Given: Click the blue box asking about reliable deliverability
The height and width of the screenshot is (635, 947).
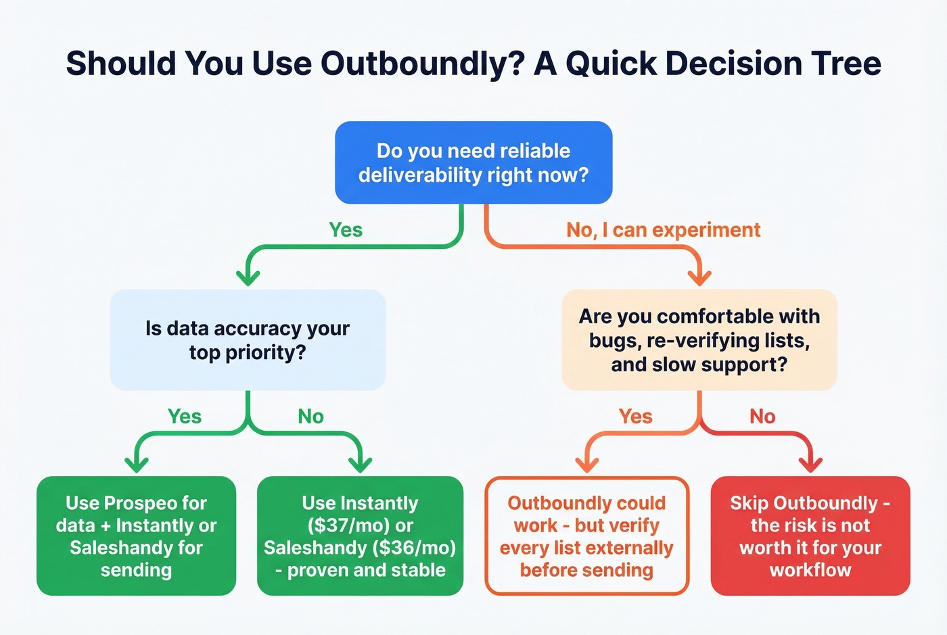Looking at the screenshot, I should point(473,163).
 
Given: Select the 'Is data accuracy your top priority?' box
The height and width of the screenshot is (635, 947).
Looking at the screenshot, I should point(248,340).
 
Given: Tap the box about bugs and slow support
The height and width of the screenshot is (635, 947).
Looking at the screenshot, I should point(699,340).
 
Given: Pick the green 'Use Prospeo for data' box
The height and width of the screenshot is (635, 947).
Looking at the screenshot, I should point(136,536).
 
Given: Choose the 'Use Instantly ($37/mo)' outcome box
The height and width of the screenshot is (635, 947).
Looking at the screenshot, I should point(360,536).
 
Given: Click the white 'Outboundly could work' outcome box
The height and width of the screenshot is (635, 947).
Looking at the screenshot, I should point(586,536).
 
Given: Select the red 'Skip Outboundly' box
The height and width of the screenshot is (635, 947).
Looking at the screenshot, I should point(810,536).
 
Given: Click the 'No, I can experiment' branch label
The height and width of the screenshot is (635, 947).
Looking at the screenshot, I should point(663,230).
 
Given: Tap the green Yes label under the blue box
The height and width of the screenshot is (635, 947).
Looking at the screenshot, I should point(346,230).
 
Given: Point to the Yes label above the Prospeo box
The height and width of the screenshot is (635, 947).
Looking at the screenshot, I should point(185,417).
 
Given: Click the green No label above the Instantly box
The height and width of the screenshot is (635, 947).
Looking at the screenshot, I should point(311,417).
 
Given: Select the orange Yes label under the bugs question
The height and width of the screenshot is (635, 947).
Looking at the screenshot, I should point(636,417).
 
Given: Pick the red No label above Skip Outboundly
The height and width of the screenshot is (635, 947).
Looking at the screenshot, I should point(762,417).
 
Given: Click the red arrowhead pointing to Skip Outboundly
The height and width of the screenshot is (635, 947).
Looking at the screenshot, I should point(810,465).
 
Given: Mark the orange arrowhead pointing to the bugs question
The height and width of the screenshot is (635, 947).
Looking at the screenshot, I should point(699,277).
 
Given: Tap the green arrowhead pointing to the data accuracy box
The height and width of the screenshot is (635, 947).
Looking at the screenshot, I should point(248,277).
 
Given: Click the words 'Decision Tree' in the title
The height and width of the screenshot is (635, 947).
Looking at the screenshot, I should point(773,64).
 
